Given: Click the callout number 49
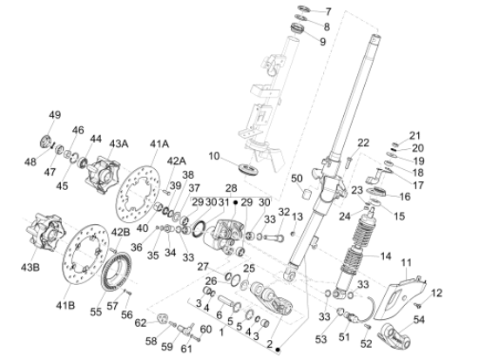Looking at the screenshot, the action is point(55,115).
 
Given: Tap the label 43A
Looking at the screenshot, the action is point(118,144).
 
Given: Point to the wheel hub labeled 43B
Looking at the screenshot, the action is point(45,231).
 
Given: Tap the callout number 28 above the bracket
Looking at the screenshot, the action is point(232,187).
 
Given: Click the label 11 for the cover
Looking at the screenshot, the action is point(407,262).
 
